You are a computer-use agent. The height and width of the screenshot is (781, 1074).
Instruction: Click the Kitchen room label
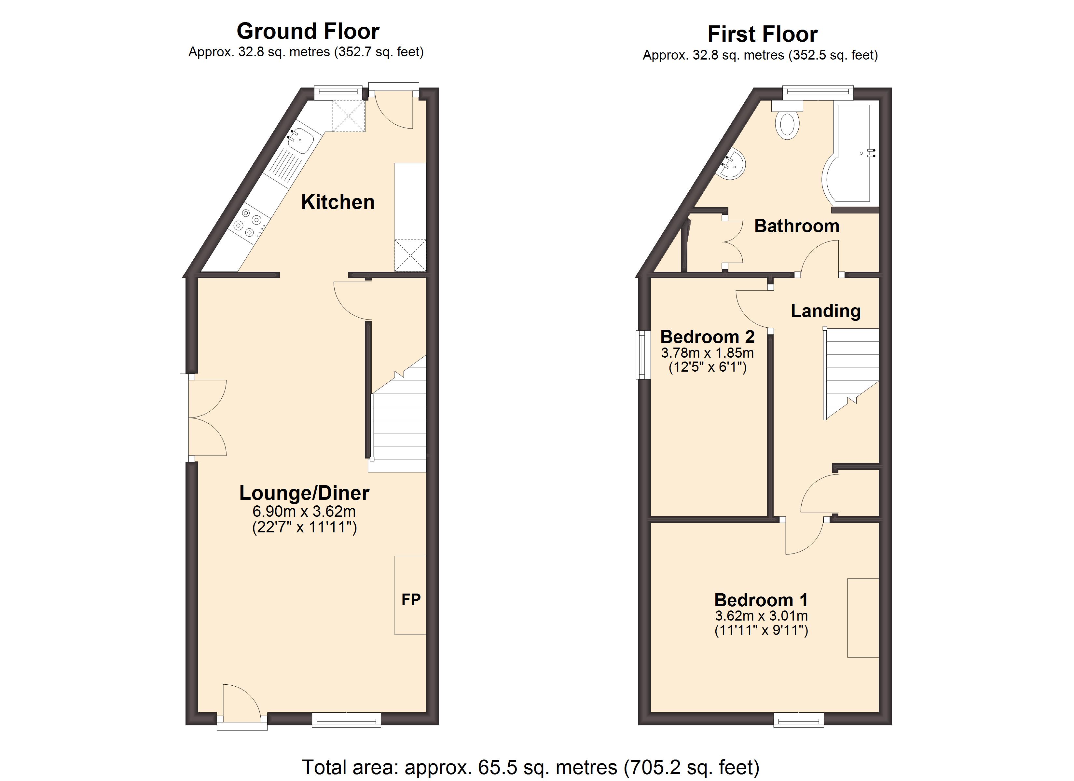click(337, 202)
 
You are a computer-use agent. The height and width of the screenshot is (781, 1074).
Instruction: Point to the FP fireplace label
click(411, 600)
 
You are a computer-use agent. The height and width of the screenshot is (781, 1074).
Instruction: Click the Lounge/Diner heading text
click(304, 493)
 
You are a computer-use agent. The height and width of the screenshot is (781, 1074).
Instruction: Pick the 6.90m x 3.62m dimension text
click(304, 512)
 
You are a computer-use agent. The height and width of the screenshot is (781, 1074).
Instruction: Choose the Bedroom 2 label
click(708, 337)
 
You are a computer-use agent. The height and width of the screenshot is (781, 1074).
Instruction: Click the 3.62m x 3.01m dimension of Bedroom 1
click(762, 616)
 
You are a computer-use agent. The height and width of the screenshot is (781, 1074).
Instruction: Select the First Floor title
click(763, 34)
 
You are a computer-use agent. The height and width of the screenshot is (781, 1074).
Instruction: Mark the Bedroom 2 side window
click(642, 355)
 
